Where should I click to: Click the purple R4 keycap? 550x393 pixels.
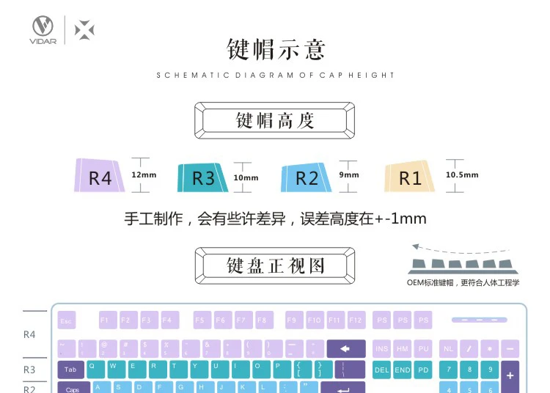point(100,176)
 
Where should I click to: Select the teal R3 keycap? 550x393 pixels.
point(203,177)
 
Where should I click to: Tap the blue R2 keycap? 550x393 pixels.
point(307,177)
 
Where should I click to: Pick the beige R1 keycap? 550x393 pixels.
point(410,177)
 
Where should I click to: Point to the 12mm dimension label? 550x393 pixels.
point(144,175)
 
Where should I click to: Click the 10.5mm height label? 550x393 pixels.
point(462,175)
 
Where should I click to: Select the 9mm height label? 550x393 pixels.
point(349,175)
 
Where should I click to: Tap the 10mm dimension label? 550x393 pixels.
point(246,177)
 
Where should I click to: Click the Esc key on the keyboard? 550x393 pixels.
point(67,320)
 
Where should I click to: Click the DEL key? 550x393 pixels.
point(382,370)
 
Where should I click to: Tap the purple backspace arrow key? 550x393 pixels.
point(346,348)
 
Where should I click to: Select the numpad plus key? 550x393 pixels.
point(510,375)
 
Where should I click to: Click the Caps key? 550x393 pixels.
point(73,388)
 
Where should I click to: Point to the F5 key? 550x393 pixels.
point(203,320)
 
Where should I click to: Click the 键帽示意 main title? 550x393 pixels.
point(275,49)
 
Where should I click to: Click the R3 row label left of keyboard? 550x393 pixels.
point(29,370)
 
